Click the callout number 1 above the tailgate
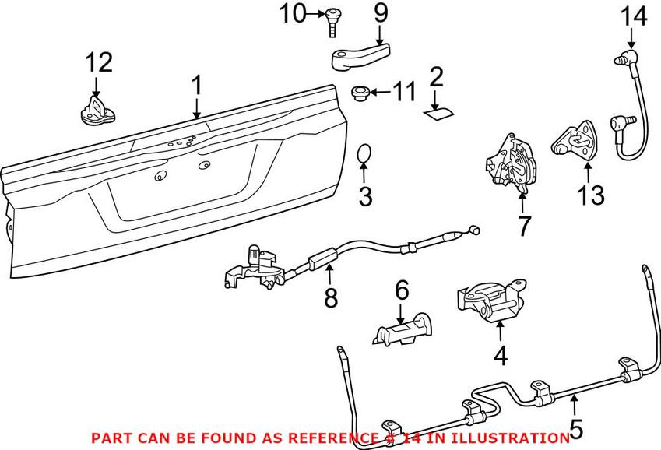coord(197,85)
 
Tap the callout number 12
coord(99,63)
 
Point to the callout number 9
coord(380,13)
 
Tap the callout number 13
coord(591,195)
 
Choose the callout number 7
coord(523,226)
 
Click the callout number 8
coord(331,297)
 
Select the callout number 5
coord(576,427)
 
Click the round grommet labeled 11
coord(360,93)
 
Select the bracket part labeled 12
coord(97,109)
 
